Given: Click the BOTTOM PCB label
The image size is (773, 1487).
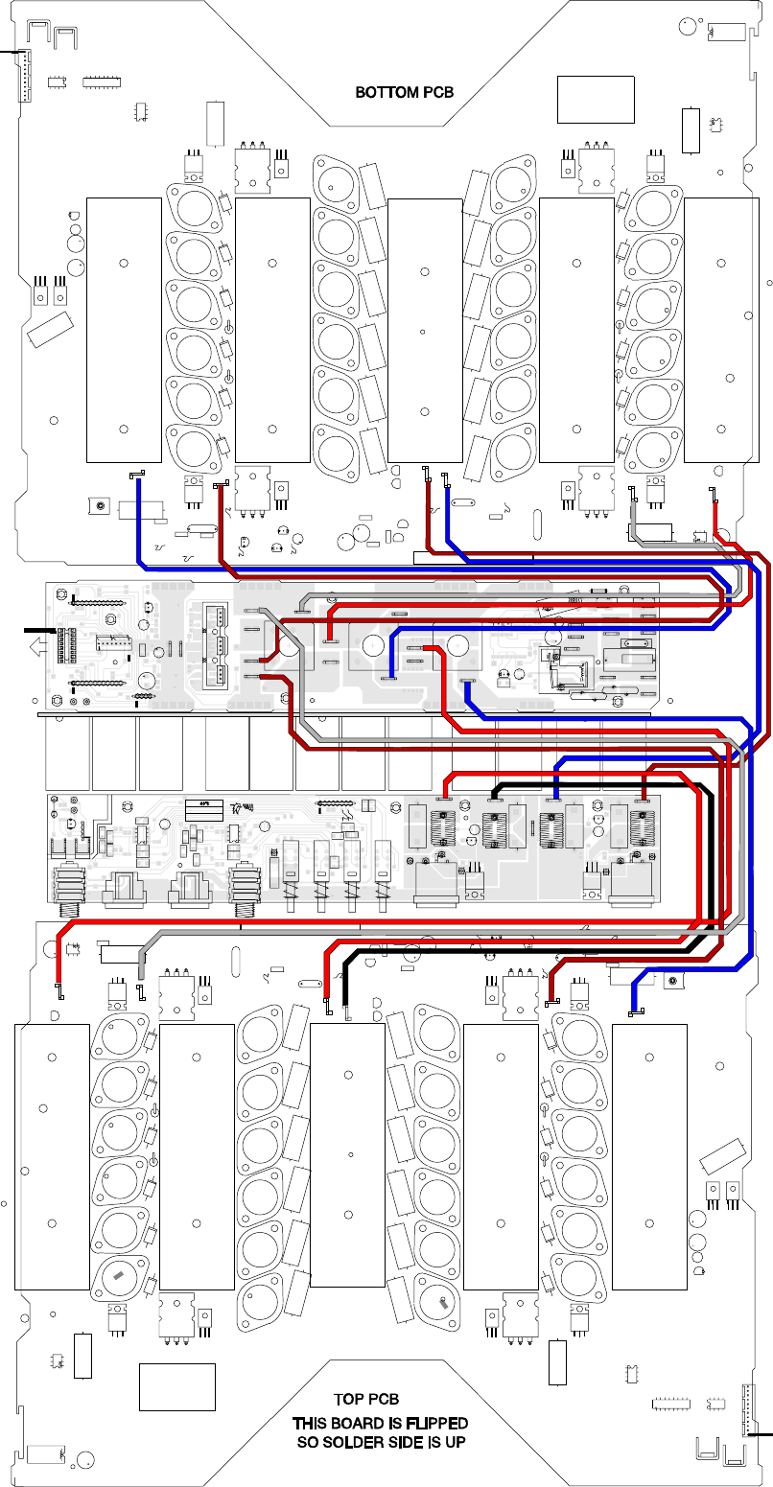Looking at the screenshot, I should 404,93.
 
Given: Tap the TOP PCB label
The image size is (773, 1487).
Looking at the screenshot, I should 365,1401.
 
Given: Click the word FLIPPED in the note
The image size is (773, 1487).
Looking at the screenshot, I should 436,1423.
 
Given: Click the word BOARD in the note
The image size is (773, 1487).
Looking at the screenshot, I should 362,1423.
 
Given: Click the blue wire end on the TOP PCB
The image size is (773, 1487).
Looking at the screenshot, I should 631,1012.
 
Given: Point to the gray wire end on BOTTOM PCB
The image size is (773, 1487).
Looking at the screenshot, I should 633,491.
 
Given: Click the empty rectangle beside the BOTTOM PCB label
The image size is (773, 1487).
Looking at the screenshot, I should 596,99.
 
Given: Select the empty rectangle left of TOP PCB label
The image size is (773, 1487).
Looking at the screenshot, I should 177,1386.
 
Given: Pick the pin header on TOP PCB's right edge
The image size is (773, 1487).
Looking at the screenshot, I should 747,1410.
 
